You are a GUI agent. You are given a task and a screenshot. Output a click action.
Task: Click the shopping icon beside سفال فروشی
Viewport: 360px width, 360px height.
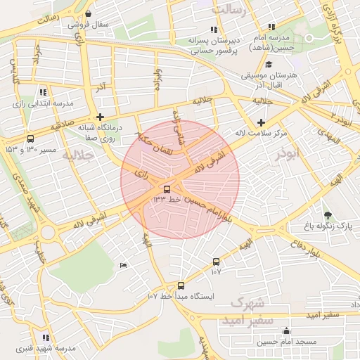[88, 14]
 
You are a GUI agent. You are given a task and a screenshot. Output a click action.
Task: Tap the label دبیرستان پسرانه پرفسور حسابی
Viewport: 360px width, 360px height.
[213, 46]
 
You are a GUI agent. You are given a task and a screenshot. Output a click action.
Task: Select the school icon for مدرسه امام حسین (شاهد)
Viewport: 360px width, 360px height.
[271, 27]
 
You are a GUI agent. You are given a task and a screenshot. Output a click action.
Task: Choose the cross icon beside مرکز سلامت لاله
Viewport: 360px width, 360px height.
[261, 122]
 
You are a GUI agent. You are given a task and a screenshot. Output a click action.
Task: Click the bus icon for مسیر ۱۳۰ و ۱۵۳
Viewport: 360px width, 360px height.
[30, 139]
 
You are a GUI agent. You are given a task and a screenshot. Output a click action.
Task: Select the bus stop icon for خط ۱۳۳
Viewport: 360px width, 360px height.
[167, 189]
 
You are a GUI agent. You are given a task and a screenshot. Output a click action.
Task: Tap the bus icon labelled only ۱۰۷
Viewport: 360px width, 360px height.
[216, 262]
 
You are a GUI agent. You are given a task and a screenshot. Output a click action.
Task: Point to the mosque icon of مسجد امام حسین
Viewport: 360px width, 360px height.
[286, 330]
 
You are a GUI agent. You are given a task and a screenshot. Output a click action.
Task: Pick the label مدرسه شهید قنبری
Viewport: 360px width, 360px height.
[56, 349]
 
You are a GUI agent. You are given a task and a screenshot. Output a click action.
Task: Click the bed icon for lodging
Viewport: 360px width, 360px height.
[124, 265]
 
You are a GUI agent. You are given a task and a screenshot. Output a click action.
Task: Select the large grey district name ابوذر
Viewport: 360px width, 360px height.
[288, 155]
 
